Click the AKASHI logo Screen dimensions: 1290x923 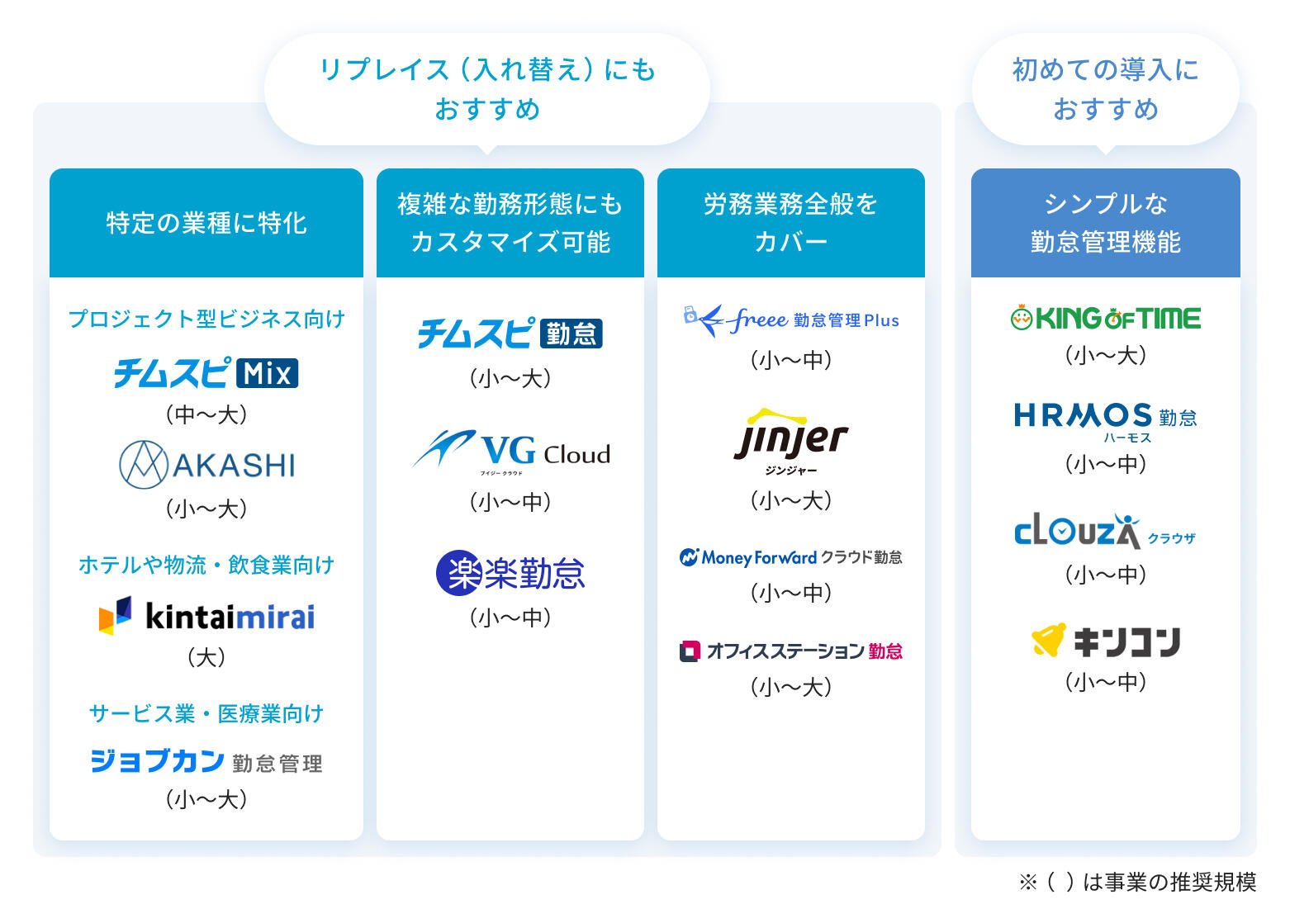click(x=206, y=465)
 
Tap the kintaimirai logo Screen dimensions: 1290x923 click(x=206, y=616)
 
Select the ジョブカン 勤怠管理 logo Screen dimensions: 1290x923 click(x=206, y=761)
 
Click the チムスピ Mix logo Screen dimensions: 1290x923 click(x=206, y=372)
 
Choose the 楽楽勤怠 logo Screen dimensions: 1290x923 click(x=510, y=573)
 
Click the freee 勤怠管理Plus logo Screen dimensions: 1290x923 click(x=791, y=320)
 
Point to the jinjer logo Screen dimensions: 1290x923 click(x=791, y=442)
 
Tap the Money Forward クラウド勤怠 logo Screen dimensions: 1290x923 click(x=791, y=557)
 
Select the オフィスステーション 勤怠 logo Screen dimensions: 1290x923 click(x=791, y=651)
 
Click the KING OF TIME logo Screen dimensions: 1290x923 click(x=1106, y=318)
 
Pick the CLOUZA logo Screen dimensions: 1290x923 click(x=1106, y=530)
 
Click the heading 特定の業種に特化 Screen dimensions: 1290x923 click(x=206, y=223)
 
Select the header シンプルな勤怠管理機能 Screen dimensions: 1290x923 click(x=1106, y=222)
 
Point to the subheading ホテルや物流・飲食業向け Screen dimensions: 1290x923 click(x=206, y=565)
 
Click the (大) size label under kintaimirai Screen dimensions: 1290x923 click(x=206, y=657)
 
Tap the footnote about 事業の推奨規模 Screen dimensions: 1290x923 click(x=1137, y=882)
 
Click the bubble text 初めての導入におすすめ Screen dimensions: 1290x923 click(x=1106, y=89)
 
